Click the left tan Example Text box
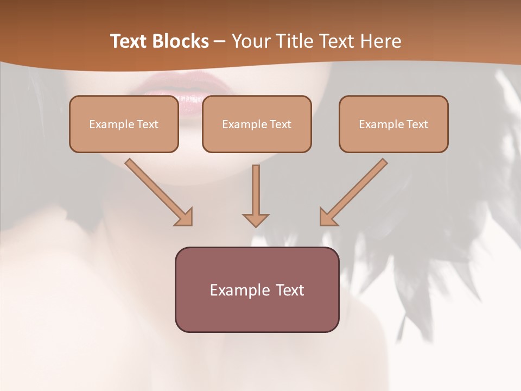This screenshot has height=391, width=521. click(x=124, y=124)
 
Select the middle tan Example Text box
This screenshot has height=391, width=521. click(x=257, y=124)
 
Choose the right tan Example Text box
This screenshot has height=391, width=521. click(x=393, y=124)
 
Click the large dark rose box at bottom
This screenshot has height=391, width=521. click(x=257, y=289)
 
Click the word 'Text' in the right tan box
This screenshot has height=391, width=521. click(x=417, y=124)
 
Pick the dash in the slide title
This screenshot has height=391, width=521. click(x=220, y=41)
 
